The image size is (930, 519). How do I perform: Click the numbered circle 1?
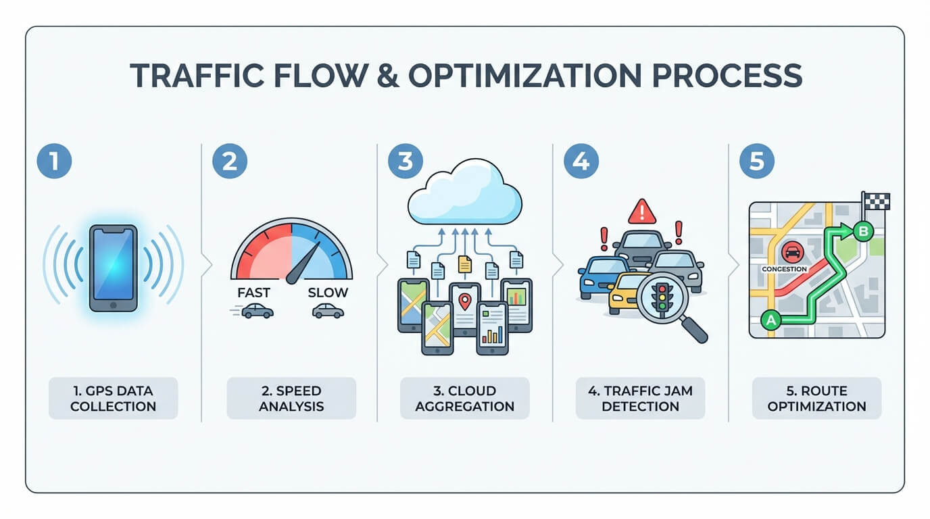click(x=54, y=162)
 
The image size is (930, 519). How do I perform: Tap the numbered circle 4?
click(x=581, y=162)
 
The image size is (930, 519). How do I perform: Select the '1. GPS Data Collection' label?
click(x=113, y=398)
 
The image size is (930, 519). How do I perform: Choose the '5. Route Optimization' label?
click(x=816, y=398)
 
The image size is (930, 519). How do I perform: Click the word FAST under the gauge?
click(x=254, y=293)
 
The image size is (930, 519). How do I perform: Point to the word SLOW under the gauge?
click(x=328, y=293)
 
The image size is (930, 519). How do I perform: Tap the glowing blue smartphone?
click(x=114, y=268)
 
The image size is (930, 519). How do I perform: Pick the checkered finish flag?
click(x=877, y=201)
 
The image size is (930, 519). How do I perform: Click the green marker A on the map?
click(x=769, y=320)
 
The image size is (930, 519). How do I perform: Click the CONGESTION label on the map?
click(x=784, y=269)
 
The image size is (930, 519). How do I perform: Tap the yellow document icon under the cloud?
click(x=464, y=264)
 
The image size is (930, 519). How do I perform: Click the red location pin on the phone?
click(x=464, y=301)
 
